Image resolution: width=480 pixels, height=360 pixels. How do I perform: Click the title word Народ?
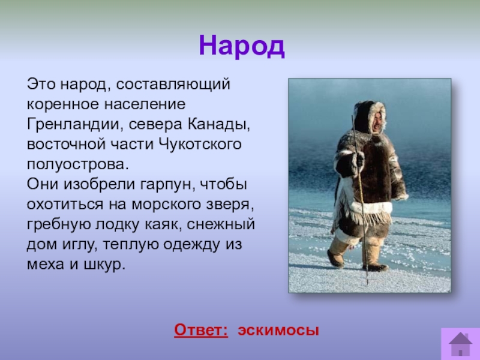[242, 46]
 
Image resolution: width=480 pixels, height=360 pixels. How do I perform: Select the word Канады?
[218, 125]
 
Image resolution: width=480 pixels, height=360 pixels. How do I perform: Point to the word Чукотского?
[200, 144]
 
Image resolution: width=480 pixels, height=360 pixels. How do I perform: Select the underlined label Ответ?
[201, 330]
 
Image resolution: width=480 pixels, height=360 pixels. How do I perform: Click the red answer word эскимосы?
[278, 331]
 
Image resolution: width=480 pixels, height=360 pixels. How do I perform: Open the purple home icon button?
[460, 343]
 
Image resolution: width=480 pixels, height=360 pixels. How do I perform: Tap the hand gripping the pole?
[358, 159]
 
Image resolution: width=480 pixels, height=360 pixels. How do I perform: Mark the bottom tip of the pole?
[367, 284]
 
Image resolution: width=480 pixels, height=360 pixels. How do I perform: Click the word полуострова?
[78, 165]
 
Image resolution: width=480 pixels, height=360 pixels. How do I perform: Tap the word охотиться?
[65, 205]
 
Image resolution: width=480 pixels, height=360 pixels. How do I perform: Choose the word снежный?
[221, 224]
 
